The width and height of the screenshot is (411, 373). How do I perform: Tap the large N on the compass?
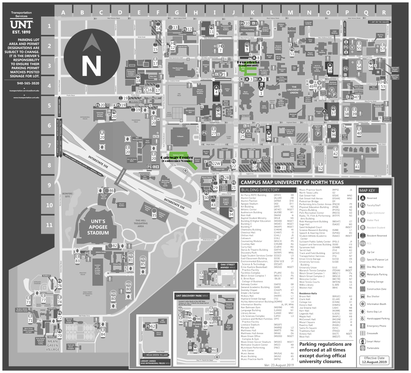click(x=91, y=66)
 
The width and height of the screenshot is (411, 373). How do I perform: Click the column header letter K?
click(x=252, y=13)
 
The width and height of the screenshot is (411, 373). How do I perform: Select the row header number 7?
click(x=49, y=145)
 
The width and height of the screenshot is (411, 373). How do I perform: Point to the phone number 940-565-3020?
click(x=28, y=83)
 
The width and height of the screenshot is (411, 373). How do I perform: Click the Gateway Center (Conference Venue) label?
click(x=177, y=159)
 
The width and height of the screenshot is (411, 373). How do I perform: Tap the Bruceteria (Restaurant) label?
click(x=248, y=64)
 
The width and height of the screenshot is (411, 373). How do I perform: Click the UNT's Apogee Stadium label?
click(x=98, y=227)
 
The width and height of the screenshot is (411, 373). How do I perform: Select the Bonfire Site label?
click(x=67, y=195)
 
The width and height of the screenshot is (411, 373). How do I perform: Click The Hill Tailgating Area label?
click(x=141, y=223)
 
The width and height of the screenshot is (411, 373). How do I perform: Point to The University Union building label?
click(x=294, y=90)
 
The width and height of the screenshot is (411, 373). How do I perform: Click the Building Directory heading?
click(x=260, y=190)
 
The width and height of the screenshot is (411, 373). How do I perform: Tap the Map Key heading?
click(x=367, y=191)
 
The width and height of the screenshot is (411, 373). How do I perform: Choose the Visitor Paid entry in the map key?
click(x=373, y=220)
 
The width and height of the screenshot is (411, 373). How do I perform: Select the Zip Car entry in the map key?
click(x=370, y=252)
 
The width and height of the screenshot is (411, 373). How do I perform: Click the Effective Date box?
click(x=374, y=360)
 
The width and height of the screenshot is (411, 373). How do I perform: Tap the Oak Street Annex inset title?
click(x=228, y=266)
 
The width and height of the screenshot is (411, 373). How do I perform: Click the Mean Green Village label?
click(x=53, y=345)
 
